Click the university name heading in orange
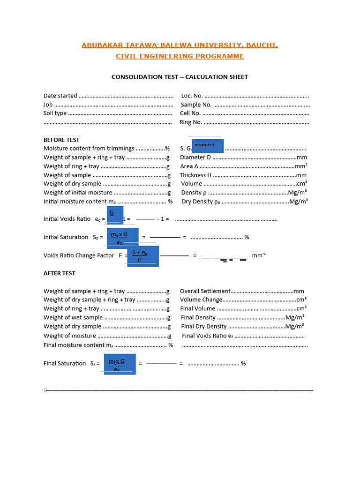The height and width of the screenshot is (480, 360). click(180, 45)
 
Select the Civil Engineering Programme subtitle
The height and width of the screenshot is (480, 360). click(180, 56)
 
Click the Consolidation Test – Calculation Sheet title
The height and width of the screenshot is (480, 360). click(180, 77)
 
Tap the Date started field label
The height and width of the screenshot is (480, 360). click(60, 96)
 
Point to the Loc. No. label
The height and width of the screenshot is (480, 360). click(192, 96)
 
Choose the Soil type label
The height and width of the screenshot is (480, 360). click(55, 113)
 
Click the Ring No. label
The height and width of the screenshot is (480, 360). click(191, 122)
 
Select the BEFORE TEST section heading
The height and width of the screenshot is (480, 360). click(61, 140)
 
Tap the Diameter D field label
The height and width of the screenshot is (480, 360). click(195, 157)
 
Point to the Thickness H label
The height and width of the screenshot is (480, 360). click(196, 175)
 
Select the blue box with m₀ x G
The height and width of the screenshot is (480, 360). click(122, 238)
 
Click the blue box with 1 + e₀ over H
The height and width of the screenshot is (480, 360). click(143, 256)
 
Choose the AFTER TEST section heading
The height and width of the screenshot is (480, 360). click(60, 273)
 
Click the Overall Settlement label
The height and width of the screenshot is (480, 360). click(205, 291)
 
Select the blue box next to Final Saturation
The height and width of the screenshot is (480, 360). click(120, 364)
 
